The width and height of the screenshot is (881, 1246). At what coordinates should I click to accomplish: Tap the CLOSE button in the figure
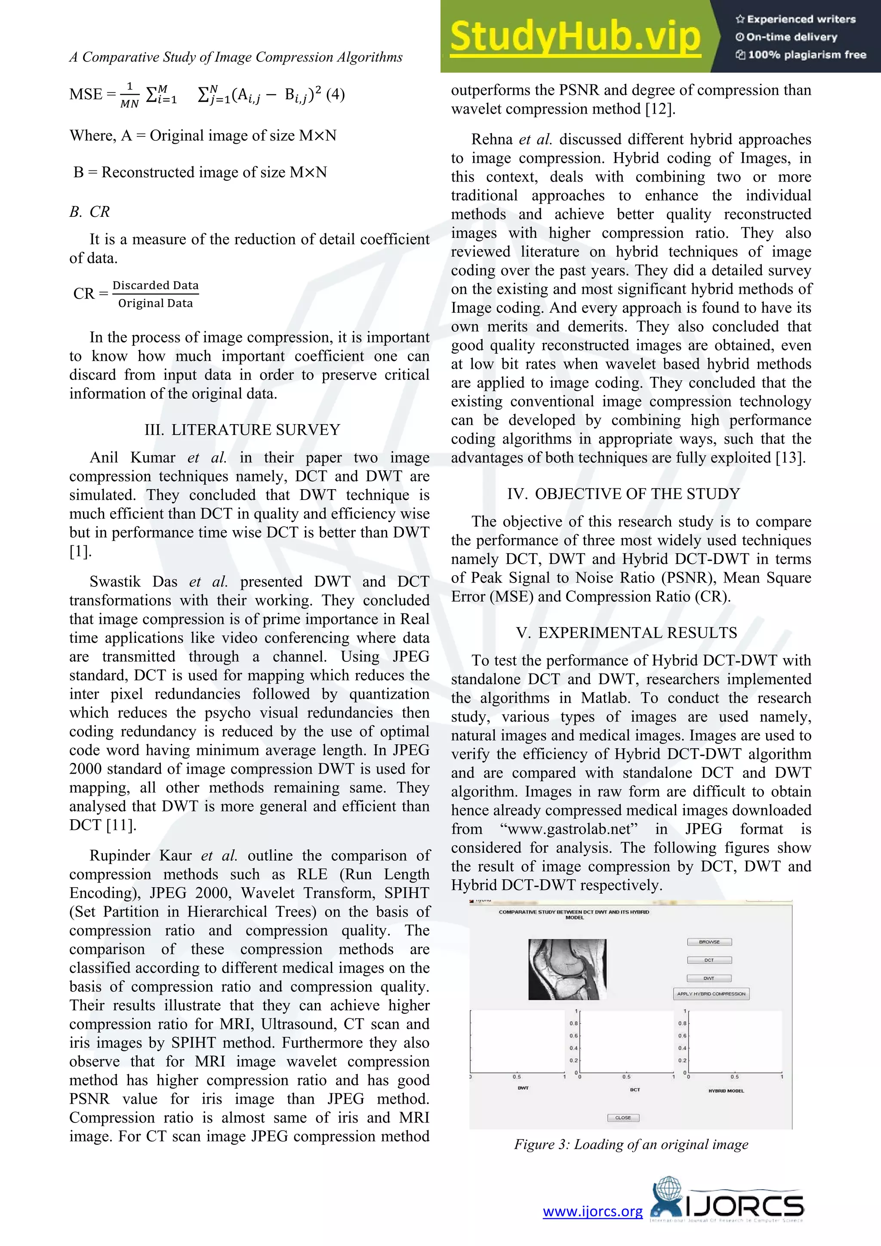[623, 1118]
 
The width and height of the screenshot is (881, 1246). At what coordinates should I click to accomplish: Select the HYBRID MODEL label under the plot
[726, 1091]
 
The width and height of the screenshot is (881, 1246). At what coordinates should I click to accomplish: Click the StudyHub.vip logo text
[575, 37]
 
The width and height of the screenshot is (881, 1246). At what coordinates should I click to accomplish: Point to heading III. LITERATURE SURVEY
[242, 430]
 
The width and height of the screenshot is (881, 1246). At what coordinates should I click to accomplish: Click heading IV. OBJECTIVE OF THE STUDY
[623, 494]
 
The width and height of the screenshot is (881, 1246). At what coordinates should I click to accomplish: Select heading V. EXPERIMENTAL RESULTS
[627, 633]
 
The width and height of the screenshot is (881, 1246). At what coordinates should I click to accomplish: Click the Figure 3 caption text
[631, 1144]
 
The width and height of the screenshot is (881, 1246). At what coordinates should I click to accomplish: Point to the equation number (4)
[335, 94]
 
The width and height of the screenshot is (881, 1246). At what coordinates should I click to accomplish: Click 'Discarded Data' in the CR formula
[155, 285]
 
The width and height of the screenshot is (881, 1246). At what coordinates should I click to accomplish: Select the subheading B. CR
[89, 212]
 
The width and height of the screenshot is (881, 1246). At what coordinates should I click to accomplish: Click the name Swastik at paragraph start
[115, 582]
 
